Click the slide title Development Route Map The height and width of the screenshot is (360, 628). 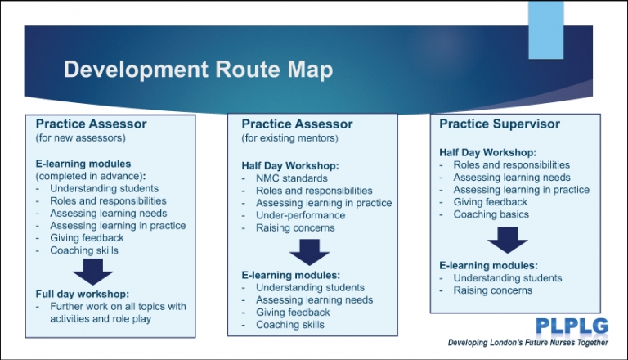point(198,70)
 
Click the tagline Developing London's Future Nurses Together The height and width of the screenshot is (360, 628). point(528,342)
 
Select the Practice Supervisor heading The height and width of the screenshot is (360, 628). point(500,124)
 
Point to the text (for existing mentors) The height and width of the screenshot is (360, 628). point(289,138)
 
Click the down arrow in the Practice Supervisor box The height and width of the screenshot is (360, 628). point(507,240)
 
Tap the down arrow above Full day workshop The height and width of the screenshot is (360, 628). point(92,272)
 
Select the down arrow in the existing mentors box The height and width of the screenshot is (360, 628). point(309,251)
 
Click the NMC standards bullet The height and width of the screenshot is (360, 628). point(293,178)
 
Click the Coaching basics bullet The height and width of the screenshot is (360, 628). point(491,214)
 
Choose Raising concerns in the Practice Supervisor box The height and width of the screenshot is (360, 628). point(492,290)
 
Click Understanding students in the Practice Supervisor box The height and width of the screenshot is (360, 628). point(508,278)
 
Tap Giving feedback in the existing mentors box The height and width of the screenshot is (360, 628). point(293,313)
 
